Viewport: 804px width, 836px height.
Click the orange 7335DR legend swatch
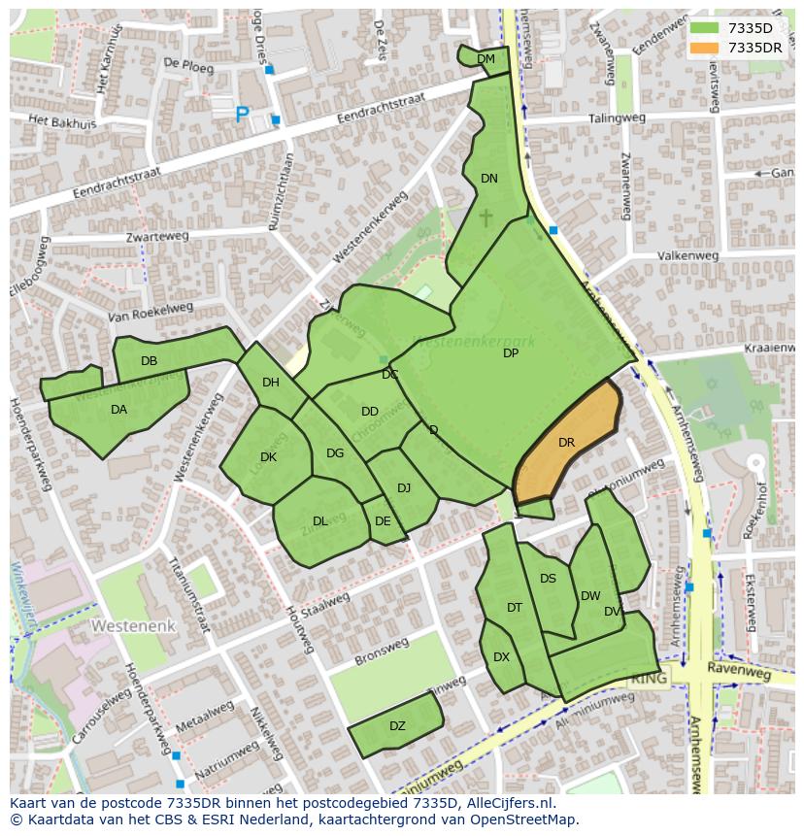[x=706, y=48]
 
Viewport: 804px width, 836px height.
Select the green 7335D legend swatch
[x=706, y=28]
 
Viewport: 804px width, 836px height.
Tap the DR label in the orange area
[x=567, y=443]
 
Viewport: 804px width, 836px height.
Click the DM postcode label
[x=486, y=59]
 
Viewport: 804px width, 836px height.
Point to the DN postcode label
[x=489, y=179]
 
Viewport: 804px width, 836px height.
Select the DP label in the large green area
[x=511, y=353]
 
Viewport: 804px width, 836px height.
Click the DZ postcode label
[x=397, y=726]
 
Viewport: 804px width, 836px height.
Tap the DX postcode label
[x=501, y=657]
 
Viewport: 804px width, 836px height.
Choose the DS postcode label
[x=548, y=579]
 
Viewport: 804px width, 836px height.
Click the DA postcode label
[x=118, y=410]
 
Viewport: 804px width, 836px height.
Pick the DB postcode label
[x=149, y=361]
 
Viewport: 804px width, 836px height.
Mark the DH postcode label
[x=271, y=383]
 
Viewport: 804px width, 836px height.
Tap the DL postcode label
[x=319, y=521]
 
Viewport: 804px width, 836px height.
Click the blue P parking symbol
[x=242, y=116]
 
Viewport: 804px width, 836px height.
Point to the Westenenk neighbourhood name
[x=134, y=626]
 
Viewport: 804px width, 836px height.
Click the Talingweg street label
[x=617, y=118]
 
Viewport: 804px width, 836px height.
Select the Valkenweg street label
[x=687, y=256]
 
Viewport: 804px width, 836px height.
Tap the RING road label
[x=649, y=679]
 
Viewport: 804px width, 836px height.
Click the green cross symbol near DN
[x=486, y=217]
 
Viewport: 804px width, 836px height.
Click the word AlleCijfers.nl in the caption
[x=506, y=803]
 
